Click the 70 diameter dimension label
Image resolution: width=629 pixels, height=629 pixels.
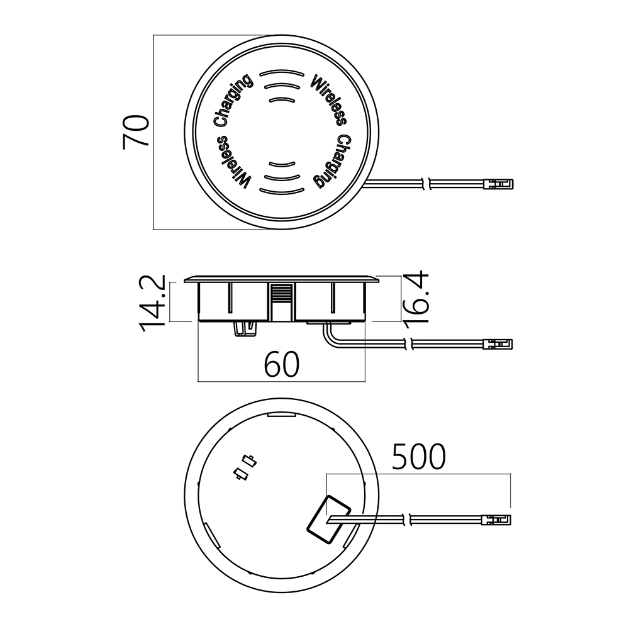pos(136,132)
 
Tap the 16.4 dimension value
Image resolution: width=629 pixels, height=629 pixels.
pos(416,298)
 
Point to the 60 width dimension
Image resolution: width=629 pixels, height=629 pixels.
pos(282,364)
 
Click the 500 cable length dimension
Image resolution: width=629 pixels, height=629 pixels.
pos(418,457)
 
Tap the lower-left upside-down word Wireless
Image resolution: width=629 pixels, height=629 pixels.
pos(233,162)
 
